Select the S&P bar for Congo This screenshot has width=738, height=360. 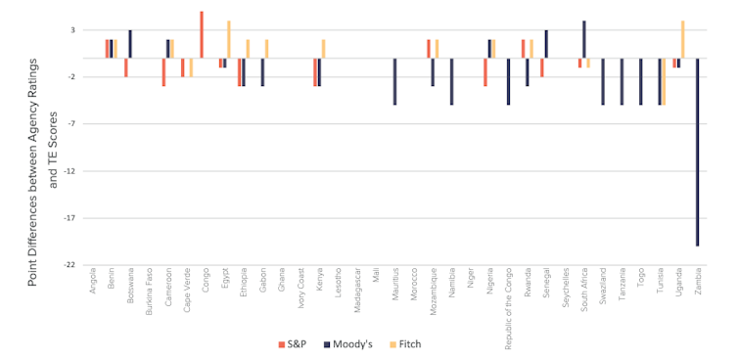(202, 34)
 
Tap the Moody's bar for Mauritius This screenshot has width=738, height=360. (394, 81)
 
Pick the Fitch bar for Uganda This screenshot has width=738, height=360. (682, 39)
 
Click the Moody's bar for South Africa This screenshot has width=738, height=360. (584, 39)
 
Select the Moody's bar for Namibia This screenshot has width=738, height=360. (451, 81)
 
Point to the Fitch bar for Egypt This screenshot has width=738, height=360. (228, 39)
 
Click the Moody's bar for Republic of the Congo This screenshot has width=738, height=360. (508, 81)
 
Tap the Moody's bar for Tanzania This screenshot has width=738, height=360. (622, 81)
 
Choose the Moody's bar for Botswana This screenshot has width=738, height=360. (130, 44)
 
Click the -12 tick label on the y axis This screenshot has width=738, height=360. (69, 170)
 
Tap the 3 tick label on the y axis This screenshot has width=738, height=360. (71, 30)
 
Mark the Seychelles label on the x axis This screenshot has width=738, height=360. (565, 285)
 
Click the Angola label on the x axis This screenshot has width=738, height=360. (92, 279)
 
